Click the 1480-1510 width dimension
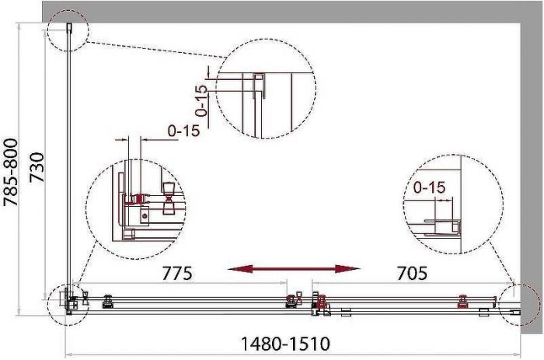285,344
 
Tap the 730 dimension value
37,168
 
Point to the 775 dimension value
177,273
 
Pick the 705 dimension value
412,273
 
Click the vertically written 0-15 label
201,100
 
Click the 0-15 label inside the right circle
430,187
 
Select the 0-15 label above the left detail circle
184,131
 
